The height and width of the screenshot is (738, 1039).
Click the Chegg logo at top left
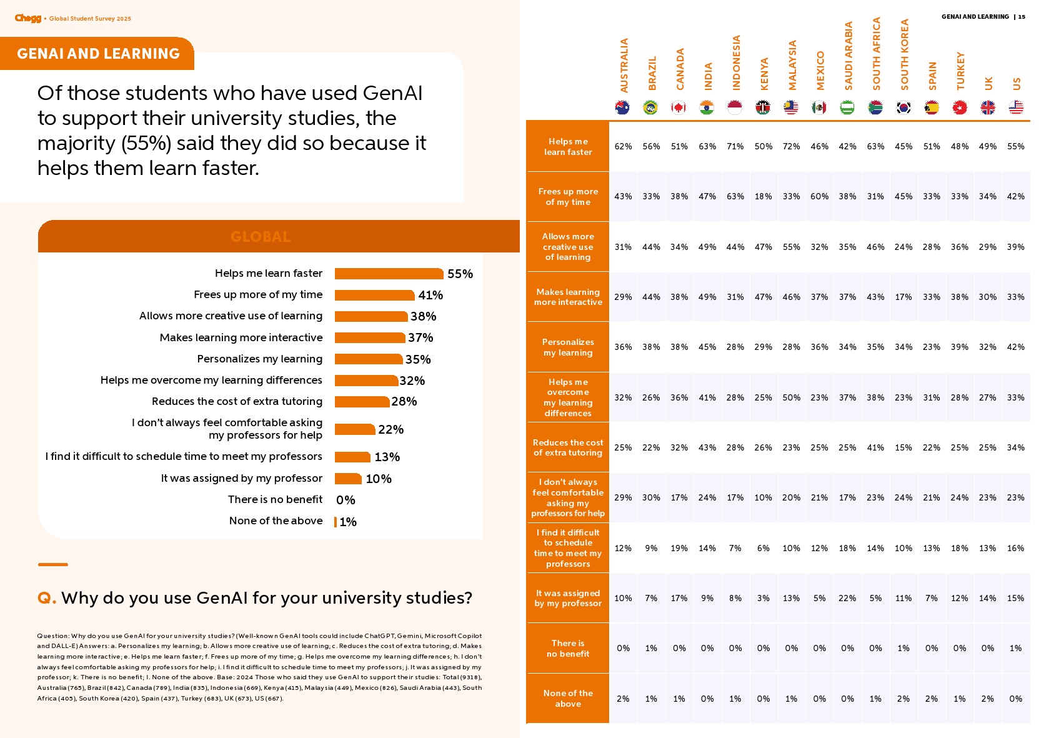pos(28,18)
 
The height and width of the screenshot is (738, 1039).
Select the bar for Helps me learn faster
pos(389,274)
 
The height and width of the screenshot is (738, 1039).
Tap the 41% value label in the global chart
pos(430,295)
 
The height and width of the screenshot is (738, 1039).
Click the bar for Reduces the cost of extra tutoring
pos(362,402)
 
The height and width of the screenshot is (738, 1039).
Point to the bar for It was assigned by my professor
pos(348,479)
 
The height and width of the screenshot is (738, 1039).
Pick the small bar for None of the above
pos(336,522)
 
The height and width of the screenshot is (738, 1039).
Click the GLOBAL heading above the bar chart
pos(261,237)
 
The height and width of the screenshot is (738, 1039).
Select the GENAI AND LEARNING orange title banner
pos(98,54)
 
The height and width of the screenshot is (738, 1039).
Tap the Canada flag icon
pos(679,107)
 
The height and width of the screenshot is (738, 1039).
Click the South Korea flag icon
pos(903,107)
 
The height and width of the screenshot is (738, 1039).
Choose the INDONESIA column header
pos(736,62)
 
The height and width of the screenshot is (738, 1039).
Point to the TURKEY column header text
pos(960,71)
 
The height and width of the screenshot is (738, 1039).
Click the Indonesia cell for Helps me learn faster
pos(735,147)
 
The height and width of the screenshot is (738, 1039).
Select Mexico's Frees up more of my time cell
pos(819,196)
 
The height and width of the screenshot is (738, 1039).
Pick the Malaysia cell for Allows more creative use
pos(791,247)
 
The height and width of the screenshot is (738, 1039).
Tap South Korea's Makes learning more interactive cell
pos(903,297)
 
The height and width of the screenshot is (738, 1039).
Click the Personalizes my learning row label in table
pos(568,347)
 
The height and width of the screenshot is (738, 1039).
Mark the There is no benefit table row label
pos(568,649)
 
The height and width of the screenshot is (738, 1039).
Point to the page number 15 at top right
pos(1022,17)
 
